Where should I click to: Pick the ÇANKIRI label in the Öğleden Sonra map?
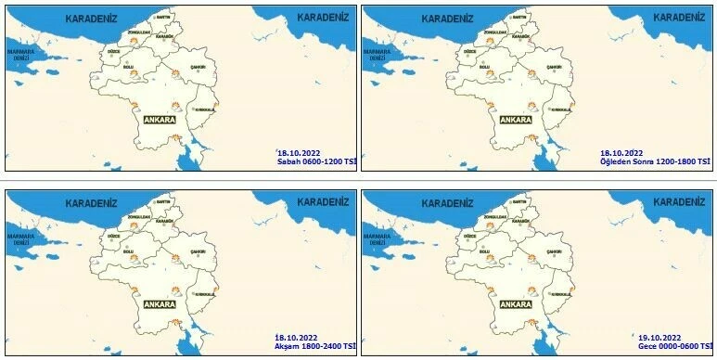tap(556, 68)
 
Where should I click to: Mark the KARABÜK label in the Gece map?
tap(521, 222)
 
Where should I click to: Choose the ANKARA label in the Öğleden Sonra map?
tap(516, 119)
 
